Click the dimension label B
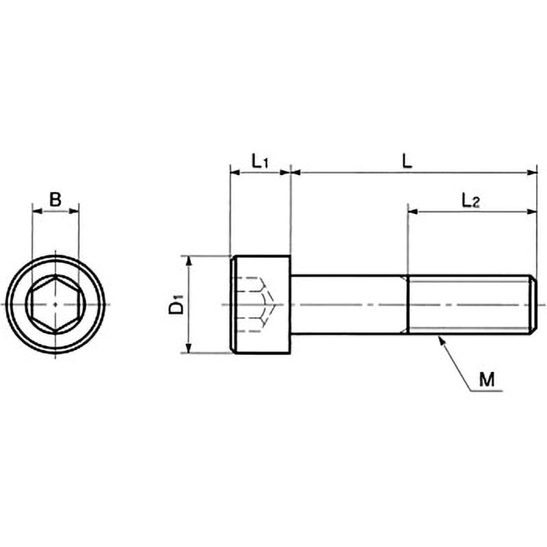(x=55, y=199)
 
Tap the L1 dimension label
(x=260, y=161)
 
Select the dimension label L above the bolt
(x=407, y=161)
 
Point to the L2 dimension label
(x=471, y=201)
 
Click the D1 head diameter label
(x=176, y=304)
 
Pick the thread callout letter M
(x=487, y=379)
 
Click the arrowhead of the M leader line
(x=442, y=340)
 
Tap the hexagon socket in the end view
(x=55, y=304)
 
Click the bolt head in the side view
(x=261, y=304)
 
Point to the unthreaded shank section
(x=349, y=304)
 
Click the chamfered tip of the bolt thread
(x=534, y=304)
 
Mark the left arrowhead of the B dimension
(x=37, y=211)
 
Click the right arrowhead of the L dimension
(x=532, y=172)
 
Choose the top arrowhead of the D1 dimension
(x=189, y=261)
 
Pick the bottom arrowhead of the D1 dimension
(x=189, y=348)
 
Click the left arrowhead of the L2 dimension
(x=413, y=211)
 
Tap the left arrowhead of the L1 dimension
(x=235, y=172)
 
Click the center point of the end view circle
(x=55, y=304)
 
